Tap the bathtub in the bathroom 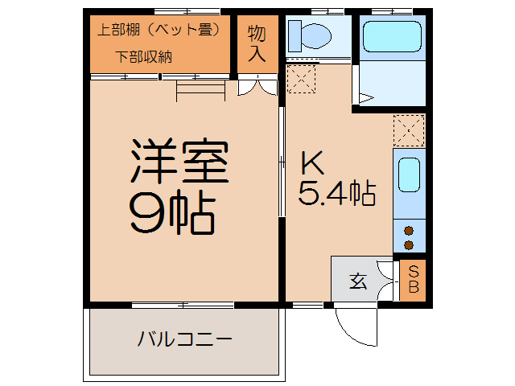[x=392, y=36]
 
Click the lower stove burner [x=409, y=244]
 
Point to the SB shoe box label [x=413, y=279]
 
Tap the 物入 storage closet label [x=256, y=43]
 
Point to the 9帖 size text [x=172, y=214]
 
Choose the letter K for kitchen [x=312, y=163]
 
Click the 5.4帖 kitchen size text [x=337, y=193]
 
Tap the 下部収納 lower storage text [x=144, y=56]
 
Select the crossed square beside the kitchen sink [x=408, y=129]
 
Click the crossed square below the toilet [x=301, y=79]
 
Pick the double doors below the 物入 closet [x=257, y=87]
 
